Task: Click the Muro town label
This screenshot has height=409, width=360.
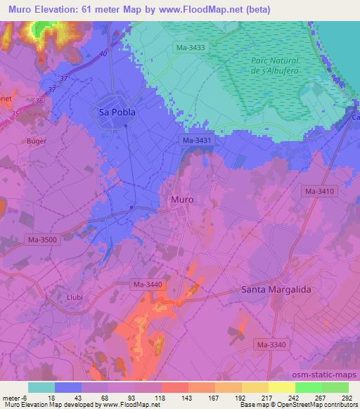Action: pos(182,200)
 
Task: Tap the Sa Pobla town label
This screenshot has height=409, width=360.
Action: pos(116,112)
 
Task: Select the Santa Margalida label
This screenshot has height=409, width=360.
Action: pos(276,290)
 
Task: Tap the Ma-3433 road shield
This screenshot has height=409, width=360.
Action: pos(191,47)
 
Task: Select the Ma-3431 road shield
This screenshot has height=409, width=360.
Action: pos(196,141)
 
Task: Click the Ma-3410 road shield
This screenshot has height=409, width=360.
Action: pos(319,191)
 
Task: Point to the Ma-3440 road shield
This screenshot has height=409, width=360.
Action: pos(148,284)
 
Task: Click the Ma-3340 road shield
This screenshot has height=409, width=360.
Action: pos(271,344)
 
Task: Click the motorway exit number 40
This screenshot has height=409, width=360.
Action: pos(104,53)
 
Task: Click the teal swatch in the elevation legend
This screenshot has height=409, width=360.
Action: pos(41,387)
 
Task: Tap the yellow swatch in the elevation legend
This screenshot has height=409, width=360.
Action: pos(281,387)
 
